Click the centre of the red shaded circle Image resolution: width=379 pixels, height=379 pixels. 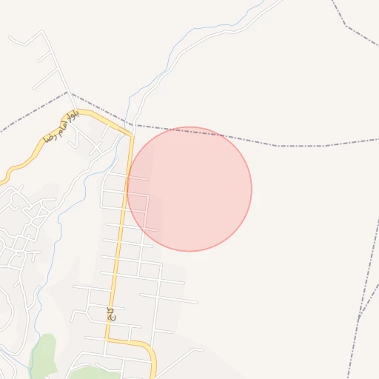[x=189, y=189]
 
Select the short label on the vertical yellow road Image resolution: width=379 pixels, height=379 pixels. [x=111, y=314]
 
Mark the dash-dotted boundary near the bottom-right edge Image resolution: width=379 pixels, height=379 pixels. [x=363, y=311]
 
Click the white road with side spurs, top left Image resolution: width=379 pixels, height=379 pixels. [x=56, y=59]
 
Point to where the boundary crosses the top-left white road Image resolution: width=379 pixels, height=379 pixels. [x=70, y=93]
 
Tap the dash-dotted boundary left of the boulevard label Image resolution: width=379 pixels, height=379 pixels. [x=30, y=115]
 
